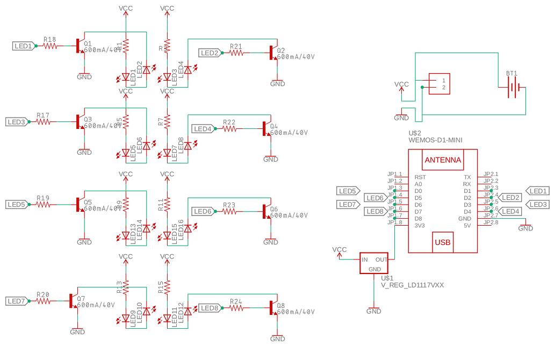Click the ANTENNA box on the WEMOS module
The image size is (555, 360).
(x=443, y=160)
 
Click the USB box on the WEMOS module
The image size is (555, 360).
(x=443, y=242)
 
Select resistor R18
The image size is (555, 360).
(x=50, y=46)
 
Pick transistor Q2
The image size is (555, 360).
(x=275, y=53)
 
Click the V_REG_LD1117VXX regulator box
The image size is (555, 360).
(x=374, y=263)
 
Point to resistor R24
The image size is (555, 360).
(x=236, y=308)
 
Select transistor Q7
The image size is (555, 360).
(x=73, y=301)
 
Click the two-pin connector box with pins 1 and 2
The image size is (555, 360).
(x=439, y=84)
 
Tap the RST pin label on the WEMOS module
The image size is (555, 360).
(x=420, y=177)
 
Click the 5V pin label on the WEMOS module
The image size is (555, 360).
(x=466, y=226)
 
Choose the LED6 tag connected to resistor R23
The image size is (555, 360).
(x=203, y=212)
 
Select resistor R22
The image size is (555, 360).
(x=229, y=129)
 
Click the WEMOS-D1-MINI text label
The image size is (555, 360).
(x=435, y=140)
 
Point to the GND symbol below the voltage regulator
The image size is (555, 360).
(x=373, y=311)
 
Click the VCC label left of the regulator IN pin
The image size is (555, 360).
(x=340, y=250)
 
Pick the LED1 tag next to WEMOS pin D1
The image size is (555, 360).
(x=537, y=191)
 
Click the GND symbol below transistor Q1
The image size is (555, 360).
(x=84, y=76)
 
